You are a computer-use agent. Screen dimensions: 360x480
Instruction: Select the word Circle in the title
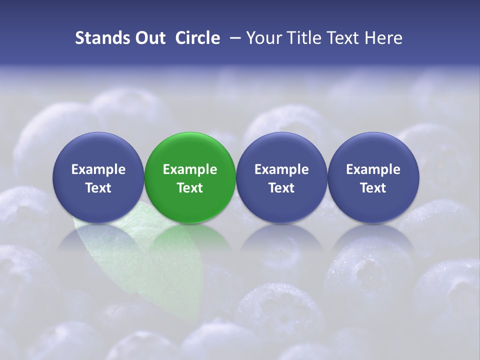pyautogui.click(x=197, y=38)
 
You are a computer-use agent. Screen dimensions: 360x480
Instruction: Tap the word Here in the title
pyautogui.click(x=383, y=38)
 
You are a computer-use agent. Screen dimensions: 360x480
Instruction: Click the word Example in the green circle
pyautogui.click(x=190, y=169)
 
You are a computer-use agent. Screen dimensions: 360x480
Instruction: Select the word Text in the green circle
pyautogui.click(x=190, y=188)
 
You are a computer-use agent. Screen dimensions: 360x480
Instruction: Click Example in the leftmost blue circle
pyautogui.click(x=98, y=169)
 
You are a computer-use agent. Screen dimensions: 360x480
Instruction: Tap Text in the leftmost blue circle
pyautogui.click(x=98, y=188)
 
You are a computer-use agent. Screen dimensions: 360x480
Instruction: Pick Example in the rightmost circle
pyautogui.click(x=373, y=169)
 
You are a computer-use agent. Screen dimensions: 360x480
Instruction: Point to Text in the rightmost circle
pyautogui.click(x=373, y=188)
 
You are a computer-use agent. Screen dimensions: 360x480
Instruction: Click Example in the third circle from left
pyautogui.click(x=281, y=169)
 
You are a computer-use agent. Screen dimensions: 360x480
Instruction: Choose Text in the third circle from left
pyautogui.click(x=281, y=188)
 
